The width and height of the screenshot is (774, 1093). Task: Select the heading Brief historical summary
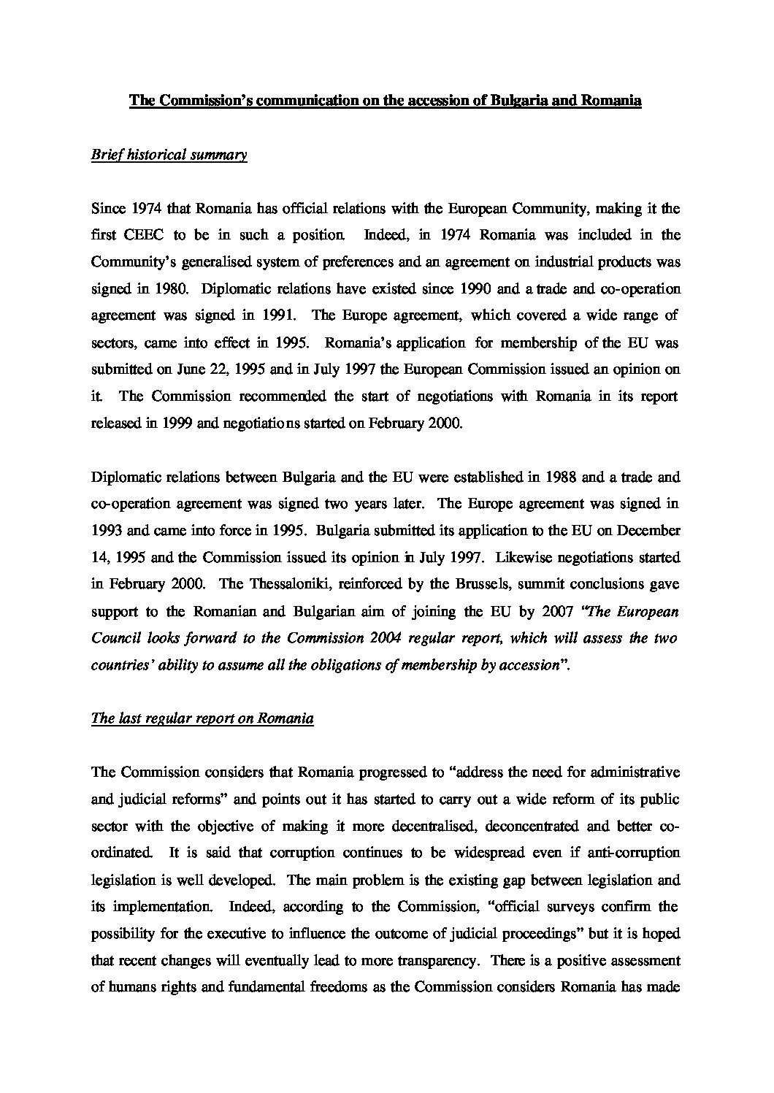(x=169, y=156)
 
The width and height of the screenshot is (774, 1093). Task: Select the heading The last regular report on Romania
(x=202, y=718)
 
